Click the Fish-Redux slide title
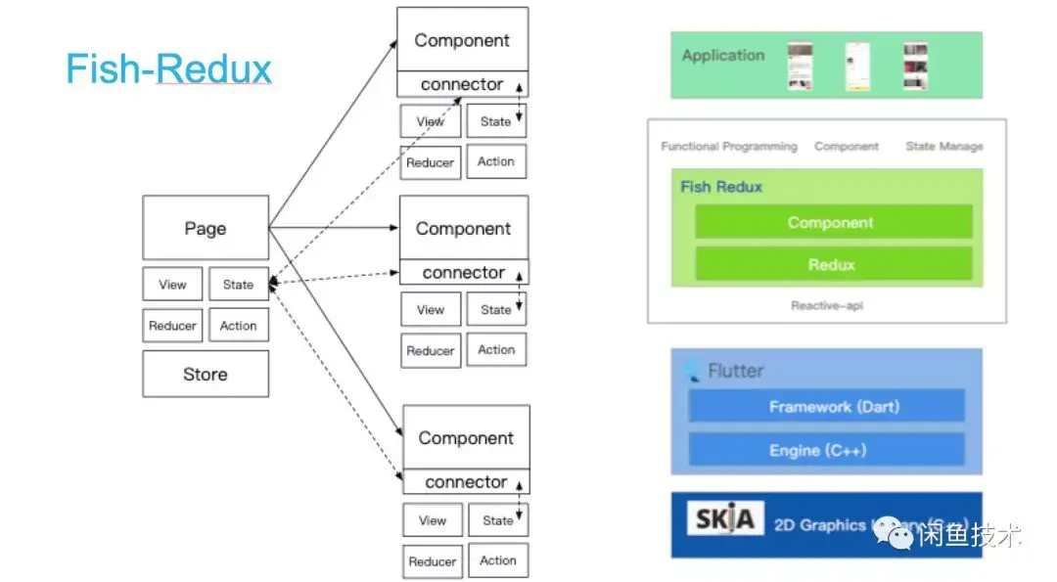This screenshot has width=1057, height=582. (168, 69)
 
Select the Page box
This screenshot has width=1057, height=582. (206, 228)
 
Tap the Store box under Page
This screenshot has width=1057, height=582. (206, 374)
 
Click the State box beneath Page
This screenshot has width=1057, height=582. (238, 285)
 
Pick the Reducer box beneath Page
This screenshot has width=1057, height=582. (172, 326)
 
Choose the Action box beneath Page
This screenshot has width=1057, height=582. (238, 326)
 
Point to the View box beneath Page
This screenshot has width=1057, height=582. (172, 285)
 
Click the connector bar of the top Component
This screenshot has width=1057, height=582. (462, 84)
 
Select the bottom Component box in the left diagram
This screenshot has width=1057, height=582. (466, 437)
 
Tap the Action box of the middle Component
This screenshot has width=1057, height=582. (496, 349)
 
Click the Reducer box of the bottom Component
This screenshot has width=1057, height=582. (432, 561)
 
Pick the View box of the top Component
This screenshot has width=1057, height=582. (431, 121)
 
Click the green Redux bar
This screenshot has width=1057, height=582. (833, 264)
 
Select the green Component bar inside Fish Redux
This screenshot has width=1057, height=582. (833, 222)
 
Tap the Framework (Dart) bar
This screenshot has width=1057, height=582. (826, 406)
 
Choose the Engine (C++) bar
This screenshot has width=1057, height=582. (826, 450)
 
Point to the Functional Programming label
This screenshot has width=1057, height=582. (729, 147)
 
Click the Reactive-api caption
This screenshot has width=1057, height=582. (827, 306)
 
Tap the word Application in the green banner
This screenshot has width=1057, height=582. (723, 56)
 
